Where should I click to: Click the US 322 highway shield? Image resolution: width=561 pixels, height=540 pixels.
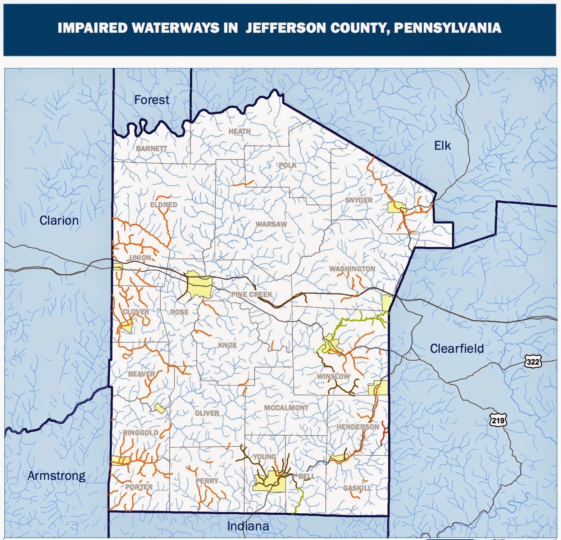pyautogui.click(x=533, y=361)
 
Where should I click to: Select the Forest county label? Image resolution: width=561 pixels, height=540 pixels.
pyautogui.click(x=151, y=100)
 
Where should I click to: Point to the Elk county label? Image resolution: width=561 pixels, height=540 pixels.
pyautogui.click(x=442, y=145)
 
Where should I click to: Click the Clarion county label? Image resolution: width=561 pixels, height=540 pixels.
pyautogui.click(x=59, y=220)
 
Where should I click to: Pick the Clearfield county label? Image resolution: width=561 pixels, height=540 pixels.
pyautogui.click(x=457, y=348)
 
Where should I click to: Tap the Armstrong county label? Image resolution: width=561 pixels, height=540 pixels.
pyautogui.click(x=56, y=476)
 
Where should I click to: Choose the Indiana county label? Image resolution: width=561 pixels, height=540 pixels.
pyautogui.click(x=248, y=526)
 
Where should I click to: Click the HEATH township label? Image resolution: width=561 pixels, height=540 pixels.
pyautogui.click(x=240, y=131)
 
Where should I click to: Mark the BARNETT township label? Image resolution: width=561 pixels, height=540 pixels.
pyautogui.click(x=151, y=148)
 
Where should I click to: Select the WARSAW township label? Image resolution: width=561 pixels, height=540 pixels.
pyautogui.click(x=271, y=224)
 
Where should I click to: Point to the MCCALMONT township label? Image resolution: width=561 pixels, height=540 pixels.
pyautogui.click(x=286, y=408)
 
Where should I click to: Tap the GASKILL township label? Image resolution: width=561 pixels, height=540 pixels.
pyautogui.click(x=357, y=488)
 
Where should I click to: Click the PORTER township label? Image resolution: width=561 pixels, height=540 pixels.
pyautogui.click(x=139, y=487)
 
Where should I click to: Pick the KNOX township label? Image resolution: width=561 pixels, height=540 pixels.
pyautogui.click(x=227, y=345)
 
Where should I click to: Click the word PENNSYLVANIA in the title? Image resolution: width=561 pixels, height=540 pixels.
pyautogui.click(x=447, y=28)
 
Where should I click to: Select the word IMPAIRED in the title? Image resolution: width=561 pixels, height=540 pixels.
pyautogui.click(x=92, y=28)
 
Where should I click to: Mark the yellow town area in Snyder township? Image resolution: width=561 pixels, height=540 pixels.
pyautogui.click(x=397, y=208)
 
